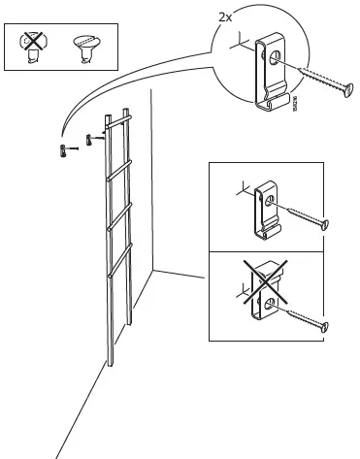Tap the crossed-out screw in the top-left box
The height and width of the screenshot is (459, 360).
click(35, 46)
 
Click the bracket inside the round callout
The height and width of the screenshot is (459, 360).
click(269, 67)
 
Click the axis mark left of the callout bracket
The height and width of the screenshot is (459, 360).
click(236, 43)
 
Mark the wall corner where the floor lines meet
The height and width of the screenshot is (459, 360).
click(155, 273)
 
